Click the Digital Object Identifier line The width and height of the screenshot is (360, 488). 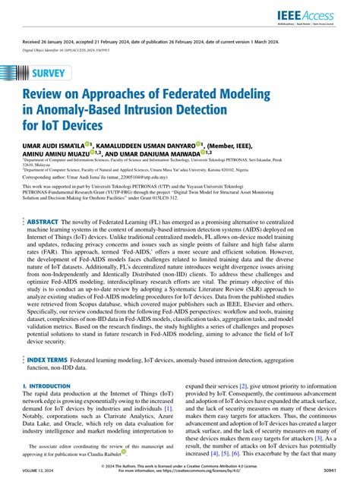click(x=66, y=52)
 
